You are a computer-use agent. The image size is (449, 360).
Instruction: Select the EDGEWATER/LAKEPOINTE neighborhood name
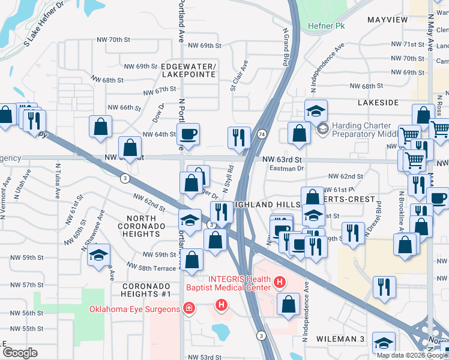pyautogui.click(x=188, y=70)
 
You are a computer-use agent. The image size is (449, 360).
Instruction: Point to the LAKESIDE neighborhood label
pyautogui.click(x=378, y=103)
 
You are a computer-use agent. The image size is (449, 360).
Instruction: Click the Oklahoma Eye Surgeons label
pyautogui.click(x=134, y=309)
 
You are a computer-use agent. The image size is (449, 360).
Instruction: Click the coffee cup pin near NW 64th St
pyautogui.click(x=188, y=134)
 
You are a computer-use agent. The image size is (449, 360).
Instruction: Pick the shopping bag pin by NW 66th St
pyautogui.click(x=100, y=126)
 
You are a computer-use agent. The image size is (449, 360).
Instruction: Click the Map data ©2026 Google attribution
pyautogui.click(x=411, y=355)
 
